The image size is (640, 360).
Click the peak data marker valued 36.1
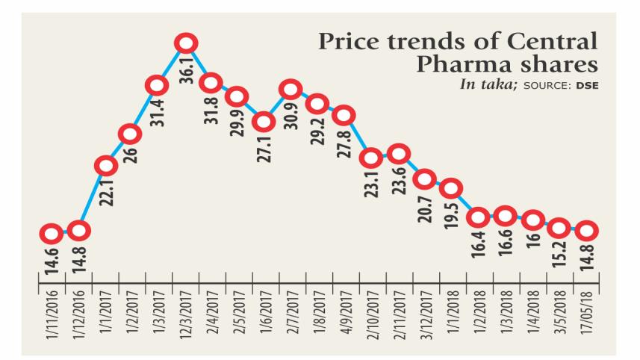(187, 43)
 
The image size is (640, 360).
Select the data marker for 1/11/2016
(50, 234)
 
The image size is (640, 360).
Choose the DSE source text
(587, 85)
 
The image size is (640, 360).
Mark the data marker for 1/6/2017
(263, 121)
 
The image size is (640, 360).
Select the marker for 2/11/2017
(398, 155)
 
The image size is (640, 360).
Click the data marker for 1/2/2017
(130, 134)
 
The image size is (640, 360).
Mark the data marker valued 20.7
(425, 179)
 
